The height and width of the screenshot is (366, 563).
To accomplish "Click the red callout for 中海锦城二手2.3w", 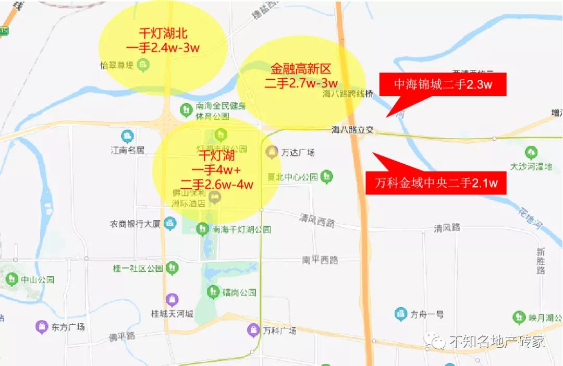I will pyautogui.click(x=443, y=84).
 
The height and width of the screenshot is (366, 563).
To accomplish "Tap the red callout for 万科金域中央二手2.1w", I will pyautogui.click(x=435, y=183).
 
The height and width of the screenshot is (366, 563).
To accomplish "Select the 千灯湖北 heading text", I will pyautogui.click(x=163, y=32).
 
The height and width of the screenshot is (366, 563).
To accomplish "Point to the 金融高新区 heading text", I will pyautogui.click(x=301, y=68).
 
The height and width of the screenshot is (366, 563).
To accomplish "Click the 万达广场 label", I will pyautogui.click(x=298, y=153).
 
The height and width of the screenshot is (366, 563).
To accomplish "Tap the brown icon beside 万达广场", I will pyautogui.click(x=272, y=152).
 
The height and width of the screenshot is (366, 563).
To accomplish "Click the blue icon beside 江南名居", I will pyautogui.click(x=127, y=137).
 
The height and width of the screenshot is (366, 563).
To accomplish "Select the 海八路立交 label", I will pyautogui.click(x=353, y=130).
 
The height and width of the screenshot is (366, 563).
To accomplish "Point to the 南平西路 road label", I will pyautogui.click(x=320, y=259).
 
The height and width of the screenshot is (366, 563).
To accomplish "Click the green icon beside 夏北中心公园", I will pyautogui.click(x=327, y=176).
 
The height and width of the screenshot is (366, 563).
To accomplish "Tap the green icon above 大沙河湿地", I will pyautogui.click(x=531, y=153).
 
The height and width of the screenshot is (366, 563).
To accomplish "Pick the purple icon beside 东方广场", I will pyautogui.click(x=41, y=327).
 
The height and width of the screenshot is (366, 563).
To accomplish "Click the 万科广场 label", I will pyautogui.click(x=279, y=331).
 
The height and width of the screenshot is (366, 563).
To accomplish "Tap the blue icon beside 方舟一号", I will pyautogui.click(x=400, y=314).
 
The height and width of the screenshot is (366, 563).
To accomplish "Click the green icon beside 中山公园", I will pyautogui.click(x=11, y=280).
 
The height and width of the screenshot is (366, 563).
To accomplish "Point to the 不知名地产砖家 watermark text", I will pyautogui.click(x=496, y=341).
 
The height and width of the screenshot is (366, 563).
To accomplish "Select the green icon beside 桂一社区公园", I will pyautogui.click(x=172, y=269).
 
